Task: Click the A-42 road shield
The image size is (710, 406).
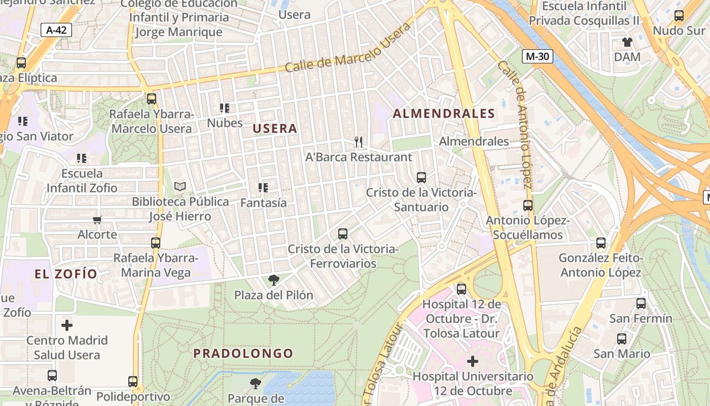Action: point(56,30)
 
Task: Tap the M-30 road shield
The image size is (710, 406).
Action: point(537,56)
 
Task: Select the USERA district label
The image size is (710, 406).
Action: point(275,128)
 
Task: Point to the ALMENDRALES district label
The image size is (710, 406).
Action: point(444,114)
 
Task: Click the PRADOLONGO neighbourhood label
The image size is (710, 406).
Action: point(243,353)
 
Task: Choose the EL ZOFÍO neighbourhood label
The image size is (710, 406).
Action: point(66,275)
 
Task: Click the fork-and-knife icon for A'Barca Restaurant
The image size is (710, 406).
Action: point(359,142)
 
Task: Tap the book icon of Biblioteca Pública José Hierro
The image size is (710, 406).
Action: point(180,187)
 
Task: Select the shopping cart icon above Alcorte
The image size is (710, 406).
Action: point(97,220)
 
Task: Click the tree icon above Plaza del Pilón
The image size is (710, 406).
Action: point(273,280)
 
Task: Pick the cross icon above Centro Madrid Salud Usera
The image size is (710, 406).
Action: point(67,325)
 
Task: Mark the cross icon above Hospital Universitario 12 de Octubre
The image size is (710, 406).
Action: point(473,361)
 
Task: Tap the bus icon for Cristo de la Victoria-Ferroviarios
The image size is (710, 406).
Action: point(343,234)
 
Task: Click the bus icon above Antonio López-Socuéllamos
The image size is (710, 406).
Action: point(528,206)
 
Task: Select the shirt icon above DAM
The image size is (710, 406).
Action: point(627,42)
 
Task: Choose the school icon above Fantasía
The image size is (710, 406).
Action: point(263,188)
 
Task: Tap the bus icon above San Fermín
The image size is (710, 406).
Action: point(641,303)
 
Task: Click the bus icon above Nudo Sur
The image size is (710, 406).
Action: point(679,16)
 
